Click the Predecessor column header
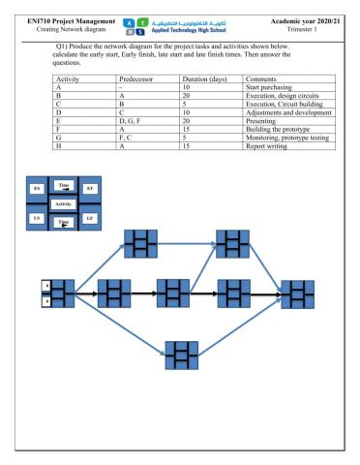[136, 74]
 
